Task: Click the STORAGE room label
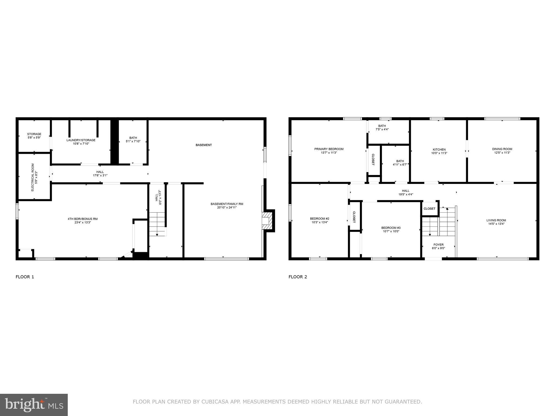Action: (34, 134)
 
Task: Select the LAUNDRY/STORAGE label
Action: (81, 140)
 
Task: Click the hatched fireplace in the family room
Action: (266, 221)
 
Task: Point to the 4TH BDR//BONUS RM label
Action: (83, 219)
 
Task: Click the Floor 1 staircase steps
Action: (157, 224)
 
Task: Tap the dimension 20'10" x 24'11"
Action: (227, 208)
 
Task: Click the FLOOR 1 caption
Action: (25, 277)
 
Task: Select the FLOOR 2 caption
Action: (298, 277)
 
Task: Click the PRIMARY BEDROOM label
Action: (329, 149)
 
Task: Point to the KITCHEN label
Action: (439, 149)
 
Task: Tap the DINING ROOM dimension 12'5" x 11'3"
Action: (502, 153)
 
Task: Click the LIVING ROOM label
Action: (496, 220)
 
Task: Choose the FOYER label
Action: (438, 245)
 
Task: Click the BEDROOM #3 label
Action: (391, 228)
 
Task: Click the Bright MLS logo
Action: (34, 405)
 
